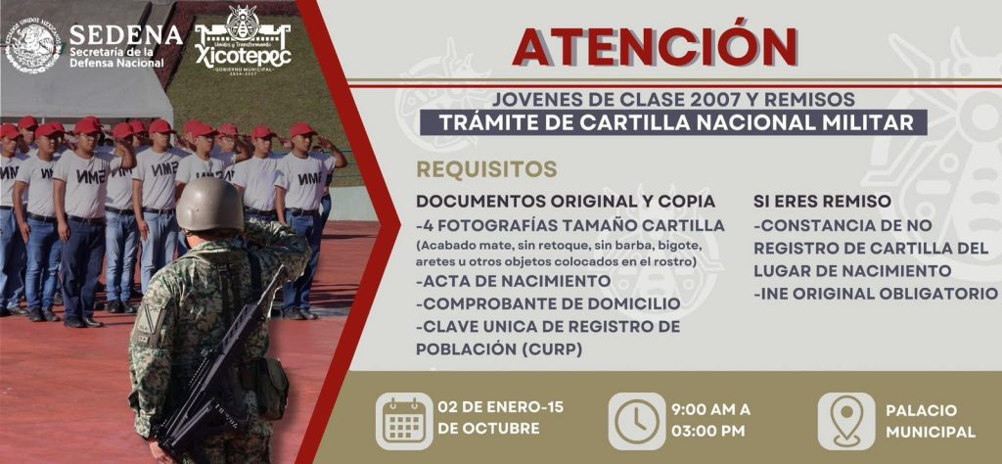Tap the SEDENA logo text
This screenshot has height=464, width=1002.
click(x=125, y=35)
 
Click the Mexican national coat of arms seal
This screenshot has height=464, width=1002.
click(x=32, y=45)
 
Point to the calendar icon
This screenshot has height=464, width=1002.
click(x=403, y=420)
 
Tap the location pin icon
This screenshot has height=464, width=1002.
click(x=845, y=420)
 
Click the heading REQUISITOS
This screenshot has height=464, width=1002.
click(x=486, y=168)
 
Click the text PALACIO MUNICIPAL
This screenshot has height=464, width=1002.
click(x=930, y=421)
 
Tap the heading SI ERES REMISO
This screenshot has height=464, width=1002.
click(x=822, y=201)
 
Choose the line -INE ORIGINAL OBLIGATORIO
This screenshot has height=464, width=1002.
click(x=876, y=293)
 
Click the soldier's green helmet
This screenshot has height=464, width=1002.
click(x=209, y=205)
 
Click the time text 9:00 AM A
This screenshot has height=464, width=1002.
click(x=710, y=409)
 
